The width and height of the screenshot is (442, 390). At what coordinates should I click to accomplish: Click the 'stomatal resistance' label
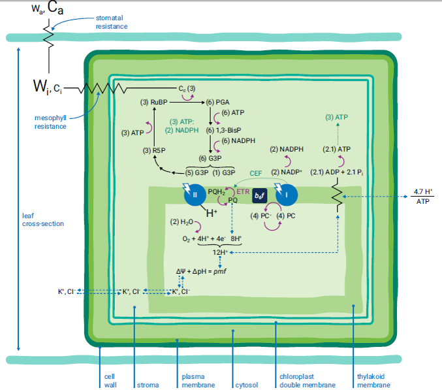pos(111,22)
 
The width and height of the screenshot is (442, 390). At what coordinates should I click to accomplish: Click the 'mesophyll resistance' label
pos(50,122)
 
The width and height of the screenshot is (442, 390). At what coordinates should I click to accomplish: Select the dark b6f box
pos(260,195)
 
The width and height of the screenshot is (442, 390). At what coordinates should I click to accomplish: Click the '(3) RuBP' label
pos(154,103)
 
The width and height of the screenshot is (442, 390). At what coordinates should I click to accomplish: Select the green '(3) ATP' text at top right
pos(337,118)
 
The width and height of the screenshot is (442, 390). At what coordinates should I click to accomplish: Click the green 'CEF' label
pos(255,173)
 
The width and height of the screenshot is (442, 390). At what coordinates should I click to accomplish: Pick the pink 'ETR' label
pos(243,192)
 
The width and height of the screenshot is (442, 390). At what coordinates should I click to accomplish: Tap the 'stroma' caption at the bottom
pos(147,385)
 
